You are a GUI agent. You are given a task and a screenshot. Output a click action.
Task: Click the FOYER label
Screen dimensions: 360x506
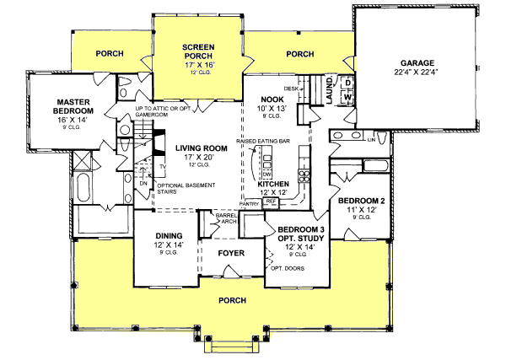(x=232, y=252)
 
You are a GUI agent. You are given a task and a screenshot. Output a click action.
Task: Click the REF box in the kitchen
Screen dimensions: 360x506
(x=271, y=202)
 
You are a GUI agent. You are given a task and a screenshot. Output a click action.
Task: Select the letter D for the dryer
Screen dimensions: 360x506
(x=347, y=83)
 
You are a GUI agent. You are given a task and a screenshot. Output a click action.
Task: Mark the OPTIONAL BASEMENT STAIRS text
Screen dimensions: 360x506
(x=182, y=188)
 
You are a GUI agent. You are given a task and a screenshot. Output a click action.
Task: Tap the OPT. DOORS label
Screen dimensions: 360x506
(x=288, y=269)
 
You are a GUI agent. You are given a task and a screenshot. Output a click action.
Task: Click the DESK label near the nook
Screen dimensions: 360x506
(x=292, y=88)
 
